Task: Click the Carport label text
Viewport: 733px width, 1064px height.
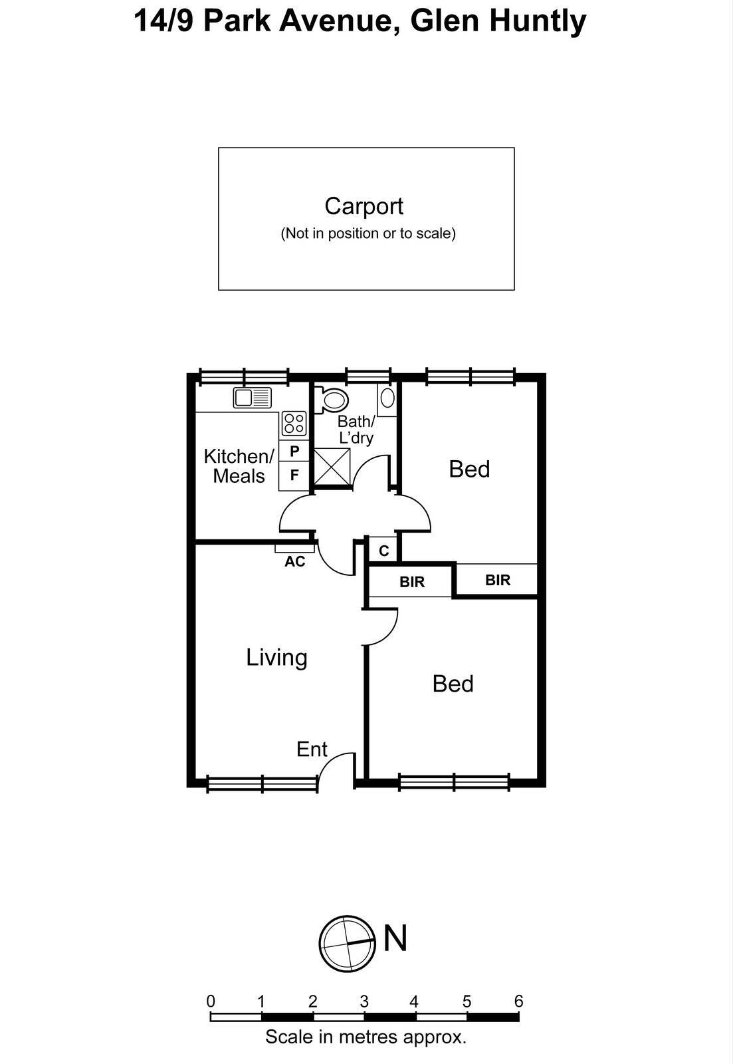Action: click(364, 206)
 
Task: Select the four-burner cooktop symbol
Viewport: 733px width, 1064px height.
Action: click(294, 423)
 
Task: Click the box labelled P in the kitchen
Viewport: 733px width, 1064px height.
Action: click(294, 451)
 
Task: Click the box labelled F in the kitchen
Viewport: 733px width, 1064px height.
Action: click(294, 475)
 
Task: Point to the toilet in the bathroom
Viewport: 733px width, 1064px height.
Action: click(332, 400)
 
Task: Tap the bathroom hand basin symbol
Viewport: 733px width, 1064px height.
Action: click(387, 398)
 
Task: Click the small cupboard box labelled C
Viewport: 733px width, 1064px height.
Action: click(383, 551)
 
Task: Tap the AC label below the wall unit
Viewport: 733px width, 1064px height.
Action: click(294, 562)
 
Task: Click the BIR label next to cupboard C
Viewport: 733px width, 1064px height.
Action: click(412, 582)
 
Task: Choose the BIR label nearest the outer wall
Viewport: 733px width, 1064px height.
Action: click(497, 580)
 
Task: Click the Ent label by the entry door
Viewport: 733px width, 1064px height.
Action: click(312, 749)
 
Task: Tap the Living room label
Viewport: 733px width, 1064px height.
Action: click(276, 657)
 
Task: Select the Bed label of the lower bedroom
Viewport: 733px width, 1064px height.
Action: click(453, 684)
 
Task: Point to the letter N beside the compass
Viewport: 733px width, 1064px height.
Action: click(395, 938)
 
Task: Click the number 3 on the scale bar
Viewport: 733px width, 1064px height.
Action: click(364, 1001)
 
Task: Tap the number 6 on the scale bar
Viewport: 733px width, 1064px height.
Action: click(518, 1001)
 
